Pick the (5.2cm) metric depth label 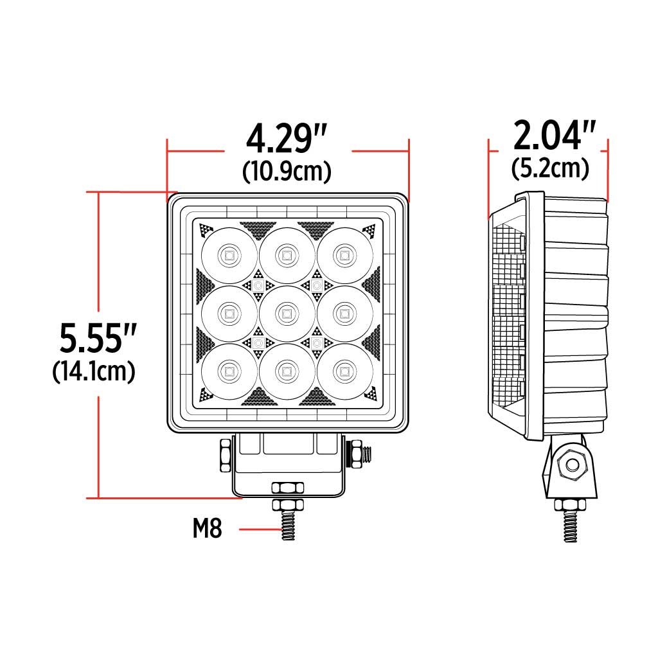[x=551, y=168]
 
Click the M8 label [x=207, y=529]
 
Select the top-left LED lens [x=228, y=255]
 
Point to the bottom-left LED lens [x=228, y=371]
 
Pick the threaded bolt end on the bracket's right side [x=366, y=454]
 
